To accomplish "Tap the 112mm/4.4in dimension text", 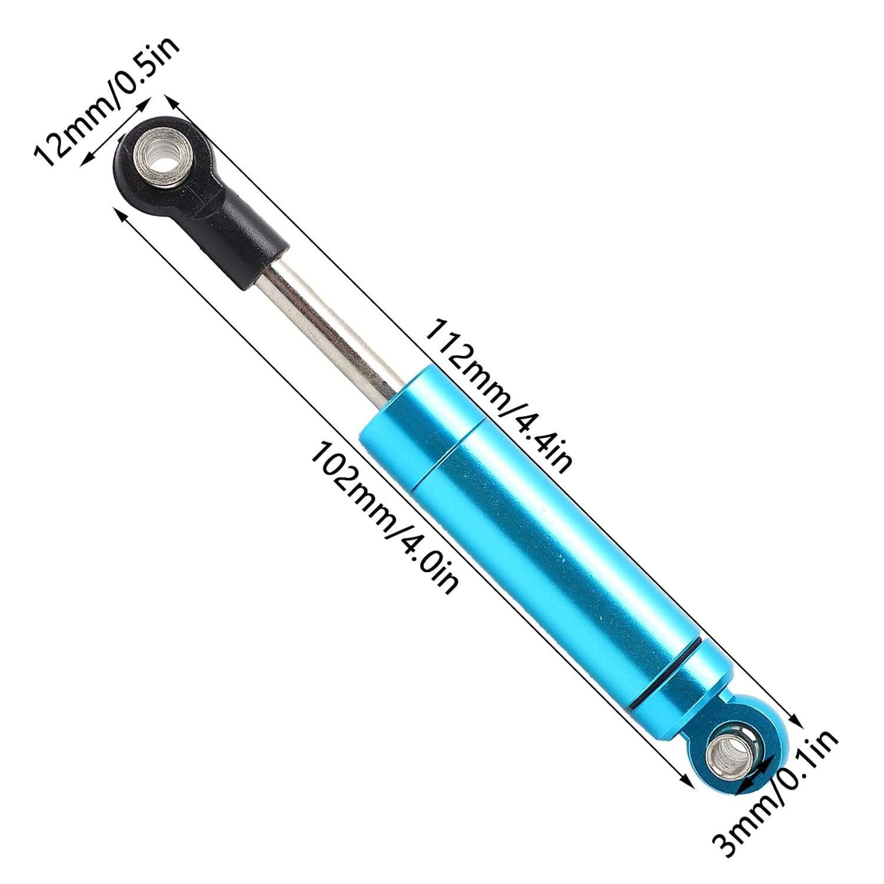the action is click(499, 395).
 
